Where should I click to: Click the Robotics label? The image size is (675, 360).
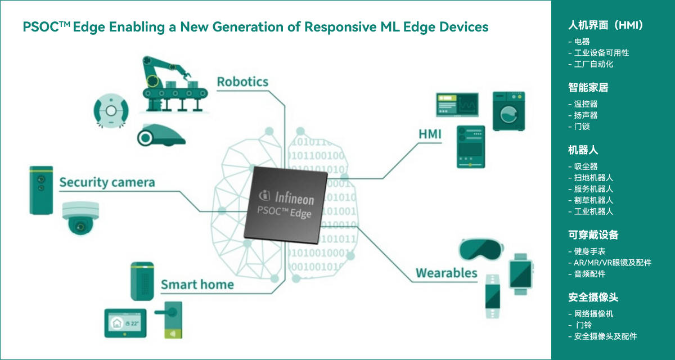click(x=242, y=82)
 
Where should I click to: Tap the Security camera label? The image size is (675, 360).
click(x=107, y=182)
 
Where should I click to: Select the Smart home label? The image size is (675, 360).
click(x=197, y=284)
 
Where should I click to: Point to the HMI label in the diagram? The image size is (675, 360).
click(x=430, y=134)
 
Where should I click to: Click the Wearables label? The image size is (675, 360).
click(x=446, y=273)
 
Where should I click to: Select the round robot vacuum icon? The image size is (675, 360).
click(x=111, y=110)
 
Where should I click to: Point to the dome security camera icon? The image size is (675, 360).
click(x=80, y=218)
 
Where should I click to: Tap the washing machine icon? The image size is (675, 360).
click(x=511, y=111)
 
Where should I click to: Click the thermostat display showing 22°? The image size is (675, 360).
click(x=125, y=322)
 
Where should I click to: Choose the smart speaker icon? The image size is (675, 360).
click(x=142, y=281)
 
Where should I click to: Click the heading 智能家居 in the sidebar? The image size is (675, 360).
click(x=588, y=88)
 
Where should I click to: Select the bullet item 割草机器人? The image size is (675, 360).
click(x=593, y=200)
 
